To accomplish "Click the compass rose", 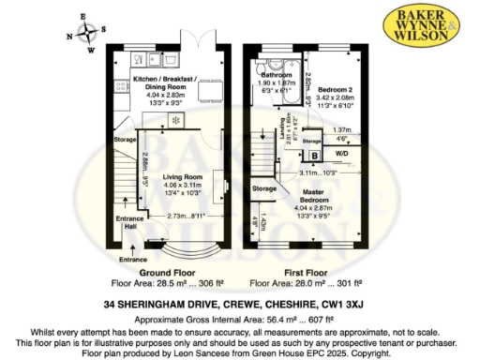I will [x=86, y=32].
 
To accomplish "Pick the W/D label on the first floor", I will [x=342, y=153].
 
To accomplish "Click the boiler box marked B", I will [x=314, y=155].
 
